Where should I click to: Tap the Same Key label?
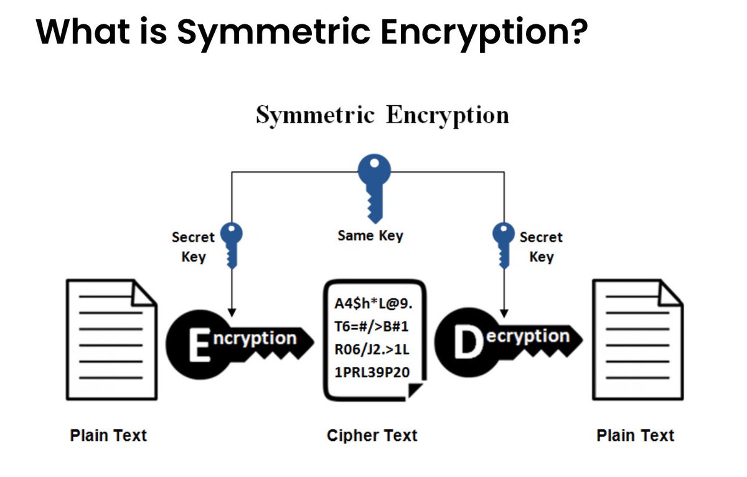tap(370, 236)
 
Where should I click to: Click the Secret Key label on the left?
tap(193, 247)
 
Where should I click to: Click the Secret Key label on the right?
tap(541, 247)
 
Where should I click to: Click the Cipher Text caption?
tap(372, 435)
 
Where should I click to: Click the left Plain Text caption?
tap(108, 435)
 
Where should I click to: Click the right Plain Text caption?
tap(636, 435)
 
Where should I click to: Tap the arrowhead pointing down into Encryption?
tap(232, 309)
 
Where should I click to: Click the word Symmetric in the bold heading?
tap(273, 32)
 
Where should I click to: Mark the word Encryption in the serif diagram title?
tap(447, 116)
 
